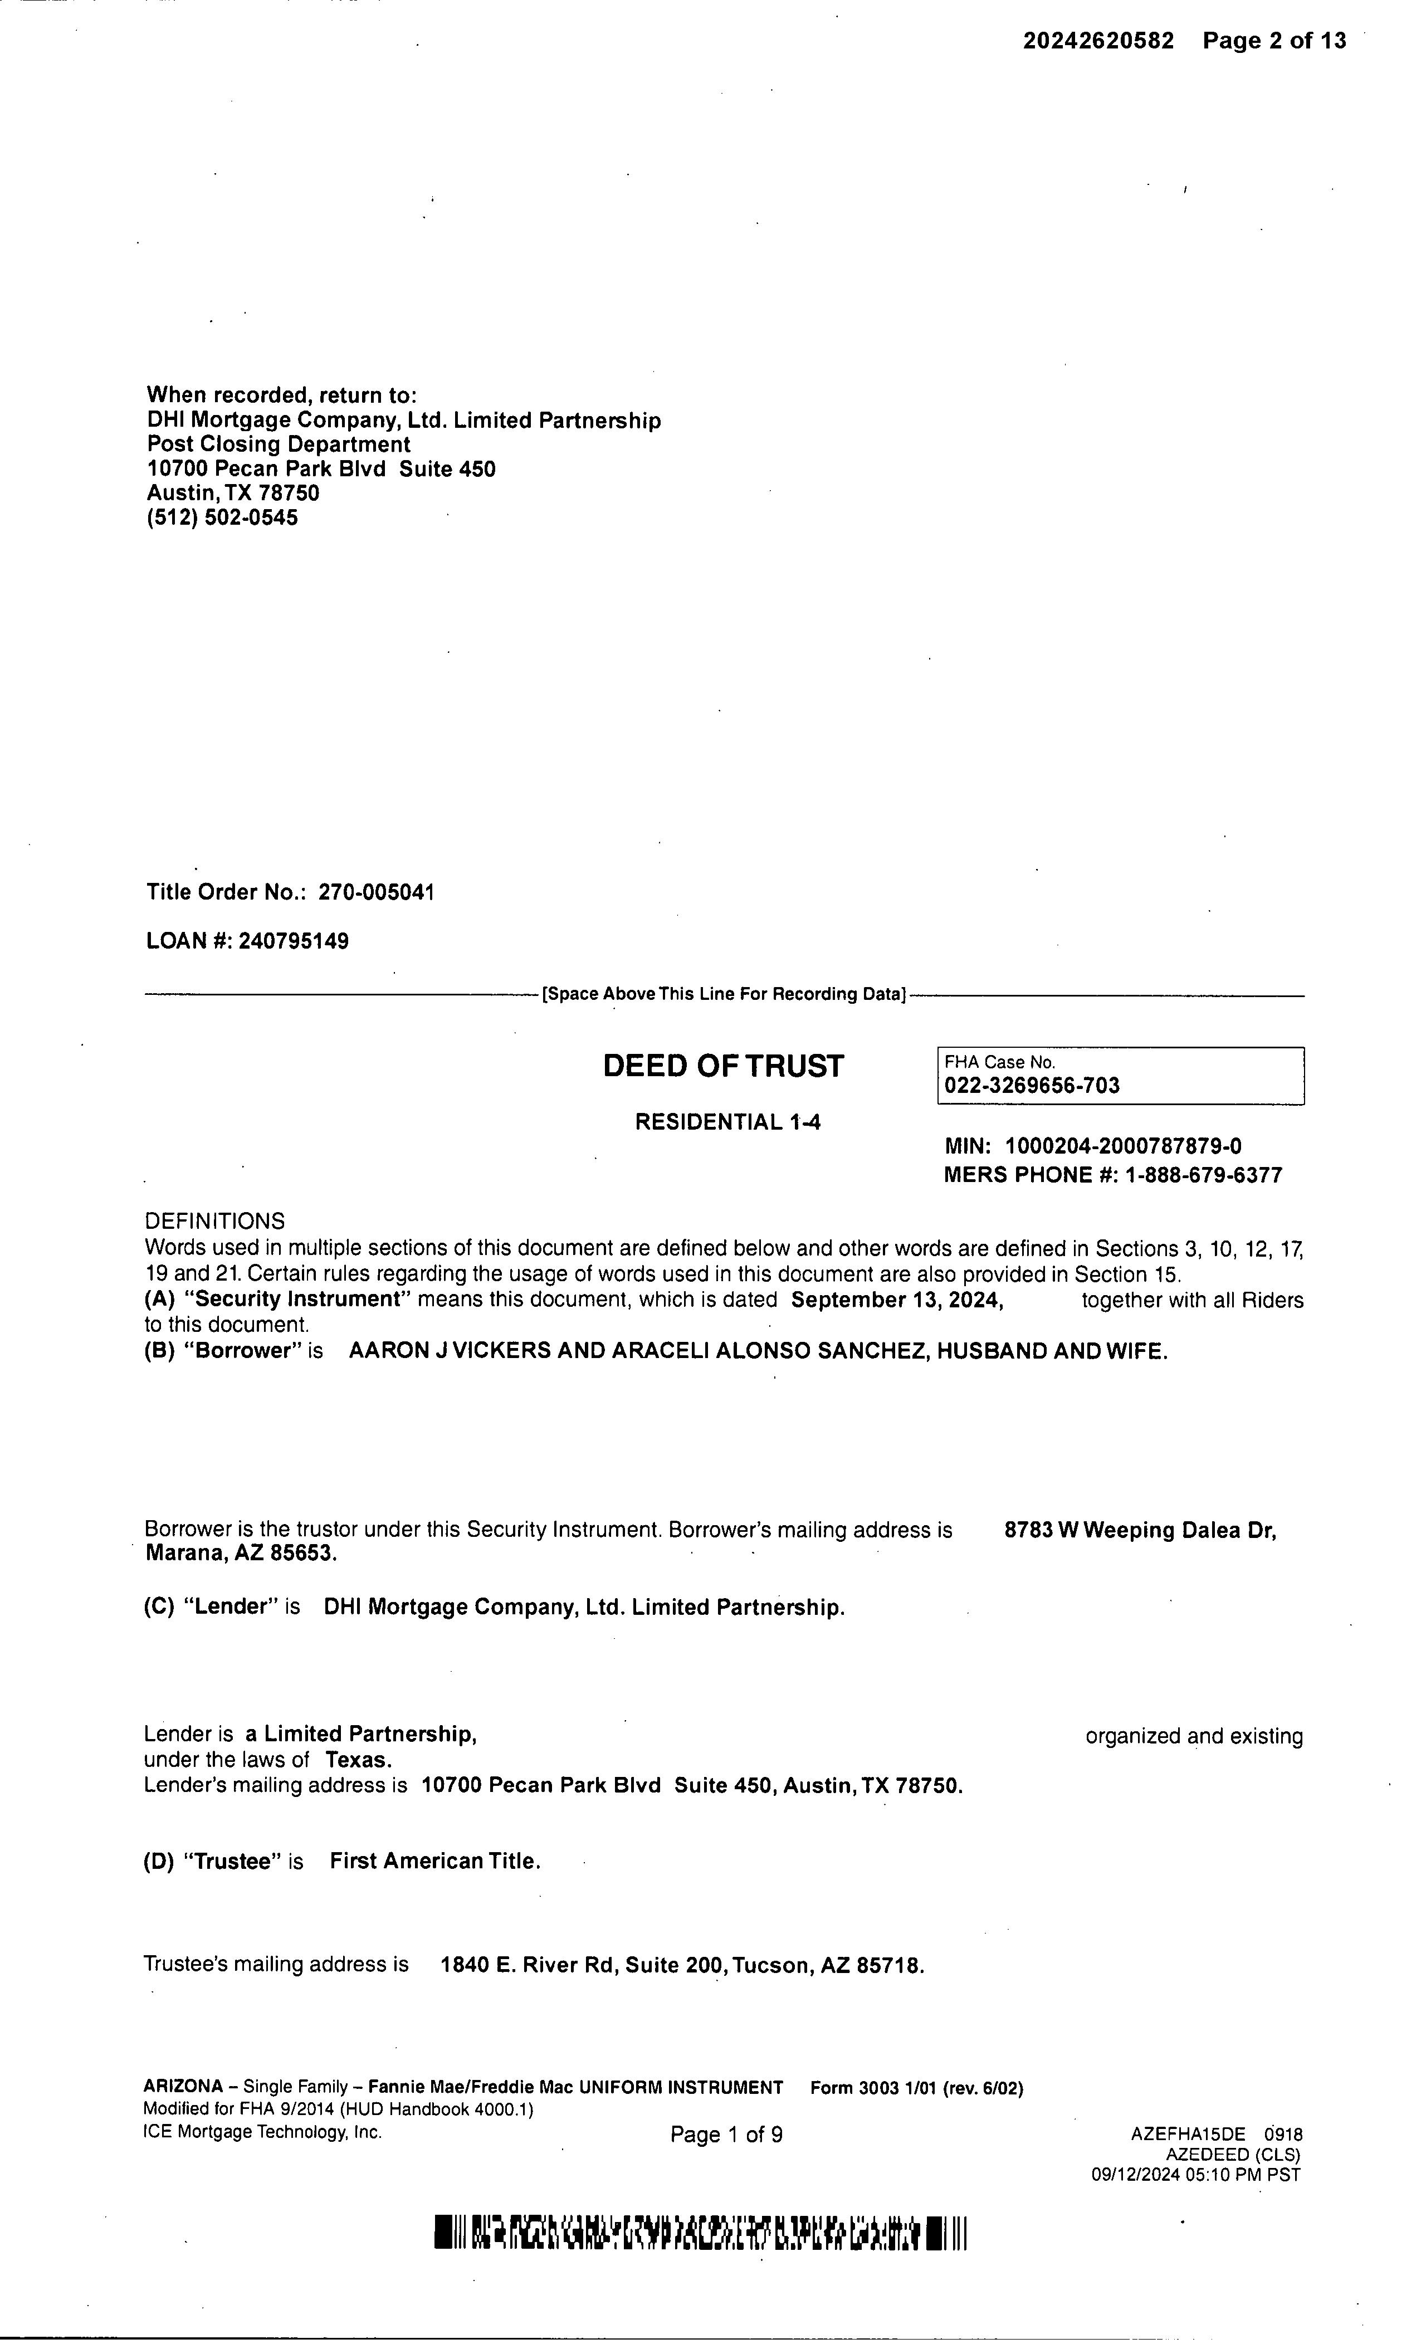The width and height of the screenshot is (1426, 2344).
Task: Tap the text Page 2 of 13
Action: [1274, 41]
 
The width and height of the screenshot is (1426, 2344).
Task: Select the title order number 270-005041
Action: [376, 892]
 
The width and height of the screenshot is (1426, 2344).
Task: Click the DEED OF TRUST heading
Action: [723, 1066]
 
